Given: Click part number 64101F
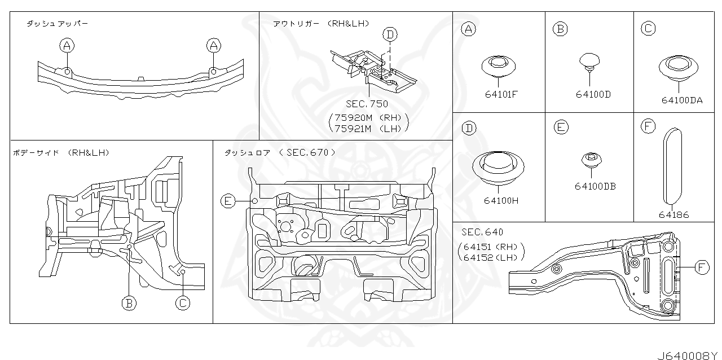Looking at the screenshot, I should point(501,95).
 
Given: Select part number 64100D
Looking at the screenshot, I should point(593,95).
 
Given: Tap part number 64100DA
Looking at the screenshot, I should point(682,100).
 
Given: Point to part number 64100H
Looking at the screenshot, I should point(501,200).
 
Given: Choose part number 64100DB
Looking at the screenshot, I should point(595,186).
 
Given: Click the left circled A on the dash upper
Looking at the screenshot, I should point(67,45).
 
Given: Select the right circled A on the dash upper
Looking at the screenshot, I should point(213,45).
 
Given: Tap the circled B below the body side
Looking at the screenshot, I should point(129,304).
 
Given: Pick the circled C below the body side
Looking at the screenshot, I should point(182,304).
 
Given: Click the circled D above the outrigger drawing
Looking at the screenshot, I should point(389,35).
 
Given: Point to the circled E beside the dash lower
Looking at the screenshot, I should point(228,201).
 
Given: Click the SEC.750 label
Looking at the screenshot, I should point(367,104).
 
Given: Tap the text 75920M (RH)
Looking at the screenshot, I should point(367,117).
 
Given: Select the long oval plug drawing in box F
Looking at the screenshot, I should point(670,166).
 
